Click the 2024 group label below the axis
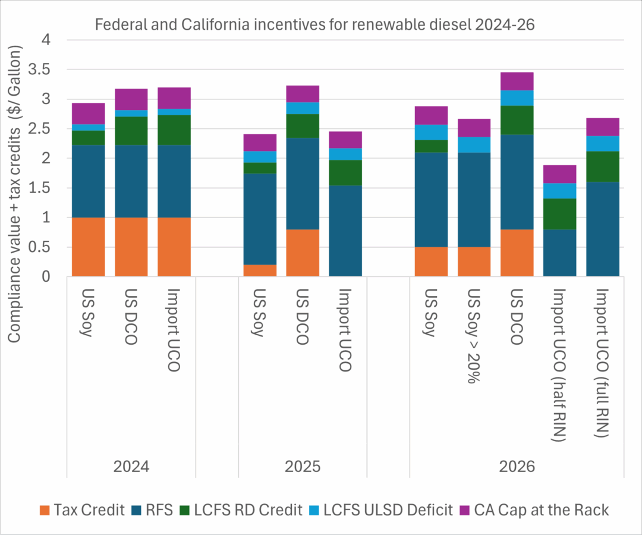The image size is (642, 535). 131,467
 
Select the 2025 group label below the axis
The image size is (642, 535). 303,467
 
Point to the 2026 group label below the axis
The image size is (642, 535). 517,467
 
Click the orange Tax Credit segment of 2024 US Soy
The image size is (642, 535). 88,247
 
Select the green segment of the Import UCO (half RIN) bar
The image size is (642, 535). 559,214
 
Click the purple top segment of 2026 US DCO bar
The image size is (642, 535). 517,81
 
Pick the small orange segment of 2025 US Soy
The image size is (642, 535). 260,270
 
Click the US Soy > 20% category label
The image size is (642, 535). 474,336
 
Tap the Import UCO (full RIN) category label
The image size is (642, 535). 602,363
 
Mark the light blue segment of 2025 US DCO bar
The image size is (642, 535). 303,108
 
